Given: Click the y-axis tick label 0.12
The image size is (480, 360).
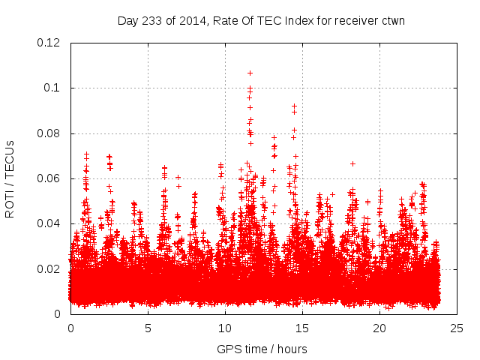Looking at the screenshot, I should [x=49, y=43].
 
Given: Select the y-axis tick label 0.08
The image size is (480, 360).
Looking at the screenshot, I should [x=49, y=133].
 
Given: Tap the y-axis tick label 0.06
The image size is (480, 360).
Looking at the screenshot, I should [x=49, y=178].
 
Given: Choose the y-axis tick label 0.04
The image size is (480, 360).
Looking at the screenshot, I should [x=49, y=223].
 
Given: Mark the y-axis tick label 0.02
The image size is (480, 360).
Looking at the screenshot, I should [x=49, y=268].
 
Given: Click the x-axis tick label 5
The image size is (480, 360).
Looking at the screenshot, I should [x=148, y=328].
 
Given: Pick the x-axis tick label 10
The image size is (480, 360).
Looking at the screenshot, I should [x=225, y=328].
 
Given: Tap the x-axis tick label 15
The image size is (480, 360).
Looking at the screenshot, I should [x=302, y=328].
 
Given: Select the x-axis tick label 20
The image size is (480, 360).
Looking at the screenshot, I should [x=379, y=328].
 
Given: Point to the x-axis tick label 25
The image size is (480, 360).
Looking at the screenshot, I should [x=457, y=328].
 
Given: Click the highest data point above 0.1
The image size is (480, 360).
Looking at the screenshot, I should [x=250, y=73].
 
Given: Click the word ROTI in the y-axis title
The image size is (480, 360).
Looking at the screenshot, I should [x=10, y=203].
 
